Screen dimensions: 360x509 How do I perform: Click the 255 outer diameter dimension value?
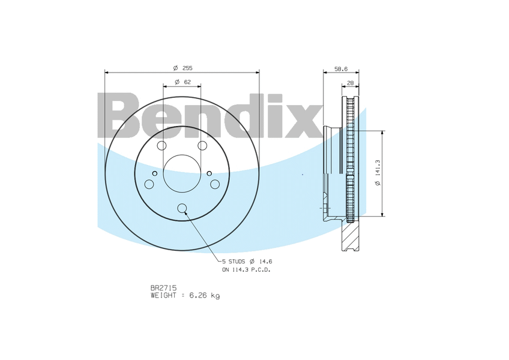click(187, 68)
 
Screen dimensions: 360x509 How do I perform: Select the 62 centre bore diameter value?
click(187, 82)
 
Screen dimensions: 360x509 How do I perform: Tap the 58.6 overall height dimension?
click(340, 69)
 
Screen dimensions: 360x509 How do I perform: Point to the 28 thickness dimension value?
click(350, 83)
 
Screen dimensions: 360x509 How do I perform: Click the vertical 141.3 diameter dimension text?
click(378, 173)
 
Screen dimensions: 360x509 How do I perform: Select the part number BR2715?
click(163, 288)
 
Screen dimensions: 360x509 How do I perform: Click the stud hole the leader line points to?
click(182, 209)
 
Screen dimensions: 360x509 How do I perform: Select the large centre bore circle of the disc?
click(182, 173)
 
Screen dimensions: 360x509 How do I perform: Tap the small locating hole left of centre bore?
click(155, 174)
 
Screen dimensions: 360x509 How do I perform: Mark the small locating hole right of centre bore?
click(209, 174)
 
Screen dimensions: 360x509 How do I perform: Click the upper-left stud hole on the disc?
click(161, 146)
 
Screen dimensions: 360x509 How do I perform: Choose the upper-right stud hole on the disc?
click(202, 146)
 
